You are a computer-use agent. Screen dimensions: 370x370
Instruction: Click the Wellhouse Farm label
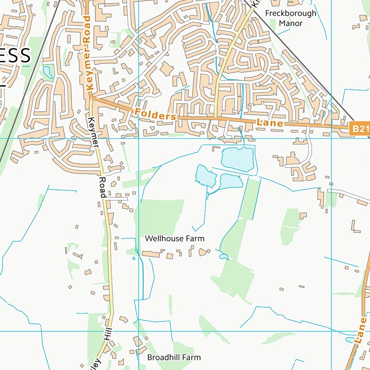[x=174, y=238]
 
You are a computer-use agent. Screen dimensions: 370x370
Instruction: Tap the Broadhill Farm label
[x=173, y=357]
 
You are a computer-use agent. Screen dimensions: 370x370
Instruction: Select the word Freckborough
[x=291, y=13]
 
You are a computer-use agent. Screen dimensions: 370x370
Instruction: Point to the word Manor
[x=291, y=23]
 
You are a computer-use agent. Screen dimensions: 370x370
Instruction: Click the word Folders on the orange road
[x=156, y=115]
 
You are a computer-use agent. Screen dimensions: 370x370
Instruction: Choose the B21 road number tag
[x=359, y=128]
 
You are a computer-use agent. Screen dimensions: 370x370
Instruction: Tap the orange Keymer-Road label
[x=87, y=53]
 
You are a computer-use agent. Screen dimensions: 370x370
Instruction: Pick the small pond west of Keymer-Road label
[x=48, y=72]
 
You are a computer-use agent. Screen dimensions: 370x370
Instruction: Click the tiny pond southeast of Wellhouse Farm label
[x=224, y=257]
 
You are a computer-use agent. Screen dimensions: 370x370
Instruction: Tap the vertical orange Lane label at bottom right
[x=359, y=330]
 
